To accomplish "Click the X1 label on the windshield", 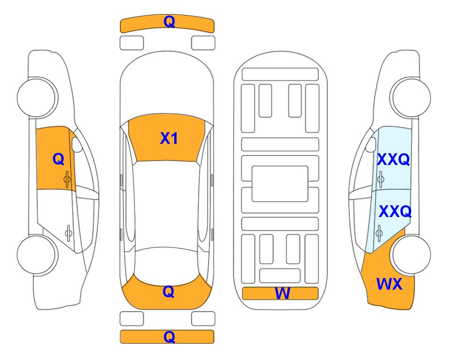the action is click(169, 138).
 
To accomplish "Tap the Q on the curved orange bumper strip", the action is click(170, 22).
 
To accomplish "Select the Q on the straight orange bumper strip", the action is click(170, 337).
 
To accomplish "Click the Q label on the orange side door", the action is click(59, 159).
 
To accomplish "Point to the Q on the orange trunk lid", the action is click(169, 292).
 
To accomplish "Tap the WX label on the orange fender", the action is click(389, 284).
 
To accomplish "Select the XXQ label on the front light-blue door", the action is click(393, 159).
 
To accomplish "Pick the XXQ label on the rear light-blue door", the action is click(395, 211).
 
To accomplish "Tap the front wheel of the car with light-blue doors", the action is click(410, 97).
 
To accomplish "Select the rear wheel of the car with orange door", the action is click(37, 255).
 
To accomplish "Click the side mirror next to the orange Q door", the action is click(76, 144).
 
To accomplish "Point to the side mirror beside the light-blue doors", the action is click(371, 144).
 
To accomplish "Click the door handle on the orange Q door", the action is click(67, 179).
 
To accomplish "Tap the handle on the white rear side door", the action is click(68, 232).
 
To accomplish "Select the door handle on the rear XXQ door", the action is click(379, 232).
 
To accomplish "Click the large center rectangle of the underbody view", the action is click(280, 184).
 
